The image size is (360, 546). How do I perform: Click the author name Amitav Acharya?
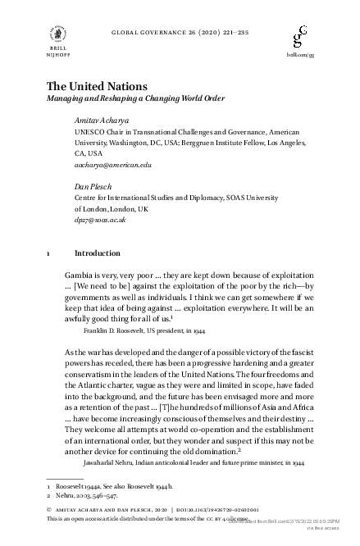100,121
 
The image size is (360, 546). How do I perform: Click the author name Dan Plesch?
92,186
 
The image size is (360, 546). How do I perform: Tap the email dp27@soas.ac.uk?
100,220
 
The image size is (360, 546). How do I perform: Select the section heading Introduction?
97,253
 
